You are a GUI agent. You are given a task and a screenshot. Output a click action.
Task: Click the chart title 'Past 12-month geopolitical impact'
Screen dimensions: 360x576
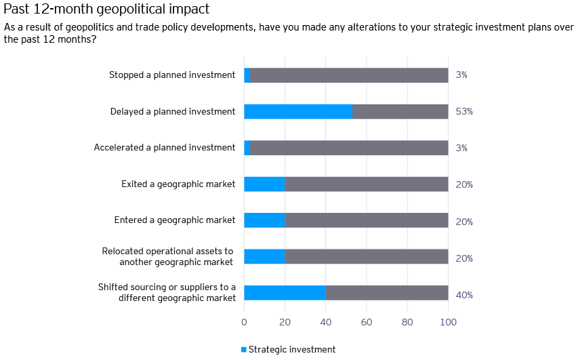[106, 9]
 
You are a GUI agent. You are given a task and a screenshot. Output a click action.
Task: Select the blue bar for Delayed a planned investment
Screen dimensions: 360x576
[298, 111]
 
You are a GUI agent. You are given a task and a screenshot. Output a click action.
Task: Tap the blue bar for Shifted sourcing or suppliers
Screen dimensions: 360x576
[285, 293]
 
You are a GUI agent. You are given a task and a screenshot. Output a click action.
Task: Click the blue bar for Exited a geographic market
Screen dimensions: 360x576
[264, 184]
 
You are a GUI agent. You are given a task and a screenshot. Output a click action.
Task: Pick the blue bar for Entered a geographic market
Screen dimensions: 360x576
[264, 220]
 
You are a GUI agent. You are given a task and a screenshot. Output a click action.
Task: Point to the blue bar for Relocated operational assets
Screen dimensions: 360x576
[264, 256]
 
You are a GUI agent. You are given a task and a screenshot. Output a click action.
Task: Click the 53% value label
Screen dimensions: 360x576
[464, 111]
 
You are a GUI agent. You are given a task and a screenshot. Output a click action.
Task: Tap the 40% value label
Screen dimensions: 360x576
[464, 295]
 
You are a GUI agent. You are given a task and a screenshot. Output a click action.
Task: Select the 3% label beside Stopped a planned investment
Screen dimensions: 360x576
[461, 75]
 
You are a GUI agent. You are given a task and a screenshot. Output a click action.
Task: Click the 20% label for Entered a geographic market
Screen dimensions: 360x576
[464, 222]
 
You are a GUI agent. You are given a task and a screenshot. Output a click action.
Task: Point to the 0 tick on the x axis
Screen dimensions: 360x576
[244, 323]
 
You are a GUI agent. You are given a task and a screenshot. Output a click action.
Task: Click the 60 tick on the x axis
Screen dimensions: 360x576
[367, 323]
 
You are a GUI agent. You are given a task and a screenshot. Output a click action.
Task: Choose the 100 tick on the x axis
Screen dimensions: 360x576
[448, 323]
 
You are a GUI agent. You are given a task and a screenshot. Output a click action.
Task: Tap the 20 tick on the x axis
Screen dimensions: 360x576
[285, 323]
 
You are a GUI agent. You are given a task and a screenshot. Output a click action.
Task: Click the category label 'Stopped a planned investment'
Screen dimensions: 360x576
[172, 75]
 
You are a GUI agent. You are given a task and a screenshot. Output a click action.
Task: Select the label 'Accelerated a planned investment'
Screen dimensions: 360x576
[165, 147]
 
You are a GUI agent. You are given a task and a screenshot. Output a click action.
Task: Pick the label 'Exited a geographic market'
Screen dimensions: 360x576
[178, 184]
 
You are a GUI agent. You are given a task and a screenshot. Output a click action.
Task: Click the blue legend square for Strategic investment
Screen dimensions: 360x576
[244, 349]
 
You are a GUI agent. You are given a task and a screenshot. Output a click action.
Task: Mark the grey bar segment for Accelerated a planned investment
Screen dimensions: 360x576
[349, 148]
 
